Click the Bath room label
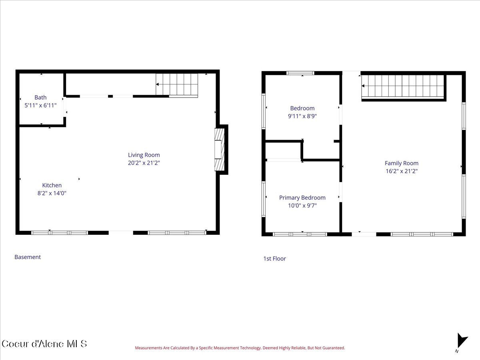(x=40, y=98)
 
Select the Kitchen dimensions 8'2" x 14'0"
(x=52, y=193)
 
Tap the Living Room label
(x=144, y=155)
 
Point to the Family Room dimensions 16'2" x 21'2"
(x=402, y=171)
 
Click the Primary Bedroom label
(x=302, y=198)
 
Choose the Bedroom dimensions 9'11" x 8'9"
(x=302, y=116)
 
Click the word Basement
(x=28, y=257)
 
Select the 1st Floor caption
(x=274, y=258)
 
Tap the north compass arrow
(x=462, y=340)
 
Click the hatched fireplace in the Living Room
(x=219, y=150)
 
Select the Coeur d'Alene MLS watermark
(x=44, y=344)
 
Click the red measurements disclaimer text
(x=240, y=348)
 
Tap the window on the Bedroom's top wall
(x=300, y=73)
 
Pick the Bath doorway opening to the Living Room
(x=65, y=110)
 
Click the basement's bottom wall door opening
(x=121, y=233)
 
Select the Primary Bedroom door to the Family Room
(x=340, y=192)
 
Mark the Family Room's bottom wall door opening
(x=364, y=234)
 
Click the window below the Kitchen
(x=60, y=233)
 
